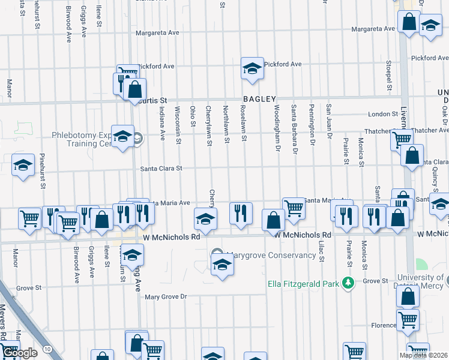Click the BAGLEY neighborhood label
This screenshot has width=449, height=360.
259,99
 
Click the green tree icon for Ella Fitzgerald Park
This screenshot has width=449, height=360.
347,282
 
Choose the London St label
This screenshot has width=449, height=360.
379,114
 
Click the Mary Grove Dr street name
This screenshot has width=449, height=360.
166,296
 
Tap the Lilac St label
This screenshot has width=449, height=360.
322,251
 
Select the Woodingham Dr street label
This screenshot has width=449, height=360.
277,124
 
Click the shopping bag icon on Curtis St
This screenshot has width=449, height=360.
136,90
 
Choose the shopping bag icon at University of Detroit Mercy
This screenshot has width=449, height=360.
408,296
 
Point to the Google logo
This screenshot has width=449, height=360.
19,353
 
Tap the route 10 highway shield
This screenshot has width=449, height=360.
47,349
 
